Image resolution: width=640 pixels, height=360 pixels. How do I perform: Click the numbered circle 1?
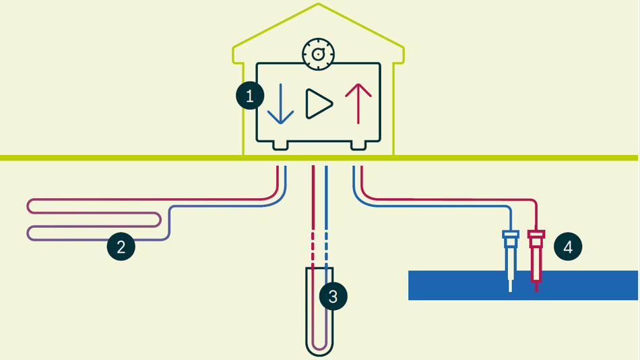pos(250,96)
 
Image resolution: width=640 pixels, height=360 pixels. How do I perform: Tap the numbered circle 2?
pos(121,247)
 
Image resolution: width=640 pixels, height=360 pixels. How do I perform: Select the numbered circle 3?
pos(333,295)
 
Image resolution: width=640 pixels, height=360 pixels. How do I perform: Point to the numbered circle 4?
pos(568,247)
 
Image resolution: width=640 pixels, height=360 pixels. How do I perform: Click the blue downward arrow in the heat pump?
pos(280,104)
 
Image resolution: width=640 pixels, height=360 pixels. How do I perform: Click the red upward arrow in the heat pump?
pos(358,104)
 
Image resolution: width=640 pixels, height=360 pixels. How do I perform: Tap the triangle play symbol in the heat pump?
pos(319,104)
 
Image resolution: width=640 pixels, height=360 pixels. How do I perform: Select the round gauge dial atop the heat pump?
pos(319,54)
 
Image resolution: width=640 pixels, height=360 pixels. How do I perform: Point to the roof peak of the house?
pos(319,5)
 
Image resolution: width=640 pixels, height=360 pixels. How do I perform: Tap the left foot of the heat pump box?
pos(278,145)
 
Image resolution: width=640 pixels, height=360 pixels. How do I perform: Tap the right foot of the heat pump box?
pos(358,145)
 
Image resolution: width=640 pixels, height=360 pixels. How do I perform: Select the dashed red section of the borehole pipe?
pos(313,250)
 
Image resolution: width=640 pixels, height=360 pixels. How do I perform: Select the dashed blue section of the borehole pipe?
pos(326,250)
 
